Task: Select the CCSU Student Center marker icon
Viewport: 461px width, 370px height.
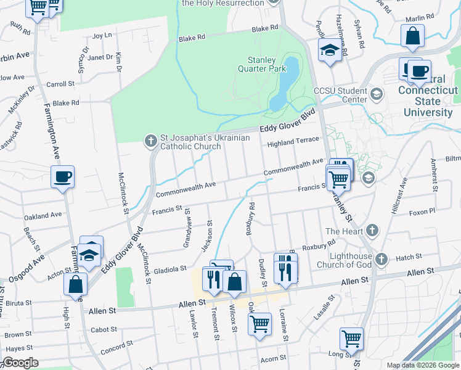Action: [x=376, y=94]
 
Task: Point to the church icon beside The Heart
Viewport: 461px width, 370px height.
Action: [x=370, y=231]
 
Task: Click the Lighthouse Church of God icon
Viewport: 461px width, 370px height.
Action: [x=381, y=260]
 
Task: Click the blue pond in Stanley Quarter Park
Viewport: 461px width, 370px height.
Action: [x=284, y=86]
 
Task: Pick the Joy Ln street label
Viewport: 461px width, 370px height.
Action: [x=102, y=36]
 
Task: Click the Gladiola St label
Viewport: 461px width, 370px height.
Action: [x=170, y=269]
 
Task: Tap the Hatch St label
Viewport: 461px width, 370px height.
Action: [x=409, y=257]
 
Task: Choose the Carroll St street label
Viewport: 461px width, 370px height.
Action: [x=60, y=83]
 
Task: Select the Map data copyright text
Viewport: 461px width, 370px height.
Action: [x=422, y=365]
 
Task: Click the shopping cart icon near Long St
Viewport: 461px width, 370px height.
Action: [x=351, y=338]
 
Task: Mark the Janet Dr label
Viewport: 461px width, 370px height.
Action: [x=100, y=57]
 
